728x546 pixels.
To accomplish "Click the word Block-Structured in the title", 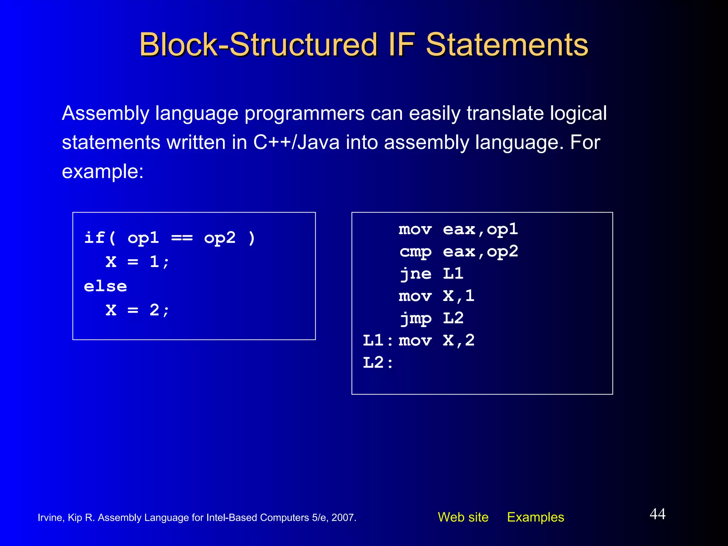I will tap(258, 45).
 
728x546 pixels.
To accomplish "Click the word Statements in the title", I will tap(507, 45).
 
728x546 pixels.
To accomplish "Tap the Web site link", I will tap(463, 517).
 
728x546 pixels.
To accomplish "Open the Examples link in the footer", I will tap(535, 517).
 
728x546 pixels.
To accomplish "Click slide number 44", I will tap(657, 514).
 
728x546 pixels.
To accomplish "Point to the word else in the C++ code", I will tap(105, 287).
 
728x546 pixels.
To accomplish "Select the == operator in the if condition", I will tap(182, 238).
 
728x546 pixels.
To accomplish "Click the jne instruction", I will tap(415, 274).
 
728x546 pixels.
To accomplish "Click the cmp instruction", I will tap(415, 252).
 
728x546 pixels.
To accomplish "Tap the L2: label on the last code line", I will tap(378, 363).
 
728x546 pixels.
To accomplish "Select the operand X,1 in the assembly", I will tap(459, 296).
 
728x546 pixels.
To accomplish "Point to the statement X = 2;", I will tap(138, 310).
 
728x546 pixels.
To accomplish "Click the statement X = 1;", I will tap(138, 262).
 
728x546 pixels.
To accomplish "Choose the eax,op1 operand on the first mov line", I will tap(480, 230).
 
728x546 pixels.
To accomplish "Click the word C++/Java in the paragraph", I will tap(296, 143).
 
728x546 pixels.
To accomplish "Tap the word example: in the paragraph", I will tap(103, 172).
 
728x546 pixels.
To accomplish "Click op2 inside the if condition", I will tap(220, 238).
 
